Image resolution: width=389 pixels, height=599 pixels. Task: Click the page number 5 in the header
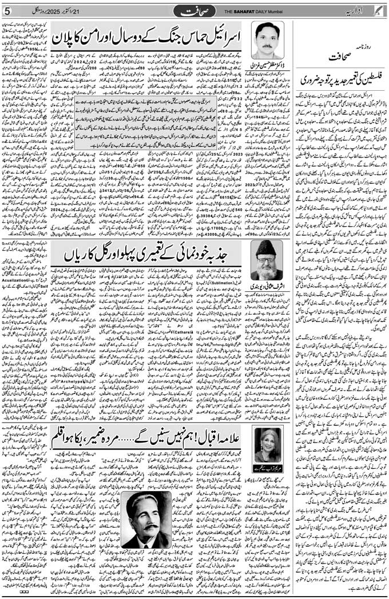click(6, 11)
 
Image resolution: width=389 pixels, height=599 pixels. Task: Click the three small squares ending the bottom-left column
click(23, 592)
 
